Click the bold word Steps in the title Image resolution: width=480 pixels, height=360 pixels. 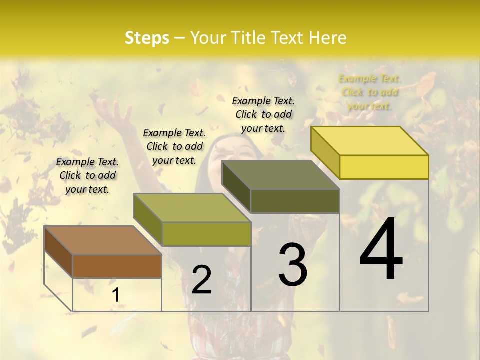click(x=147, y=38)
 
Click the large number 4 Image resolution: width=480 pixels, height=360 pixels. click(x=381, y=250)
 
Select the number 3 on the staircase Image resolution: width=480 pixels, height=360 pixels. click(x=293, y=265)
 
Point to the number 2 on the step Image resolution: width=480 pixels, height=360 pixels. click(x=201, y=280)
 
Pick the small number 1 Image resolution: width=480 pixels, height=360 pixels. click(x=115, y=295)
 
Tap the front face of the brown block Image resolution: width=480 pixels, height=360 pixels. click(x=117, y=266)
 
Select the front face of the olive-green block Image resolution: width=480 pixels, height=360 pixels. click(x=206, y=234)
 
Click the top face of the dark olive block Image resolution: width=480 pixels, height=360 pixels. click(x=280, y=175)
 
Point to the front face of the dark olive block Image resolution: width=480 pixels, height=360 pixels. click(x=295, y=201)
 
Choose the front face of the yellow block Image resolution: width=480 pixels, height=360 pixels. click(x=384, y=167)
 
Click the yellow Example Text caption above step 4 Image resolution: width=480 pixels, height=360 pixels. click(x=369, y=92)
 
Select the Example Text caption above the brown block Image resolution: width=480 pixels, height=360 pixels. click(x=87, y=175)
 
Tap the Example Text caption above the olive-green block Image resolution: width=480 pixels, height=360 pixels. click(x=174, y=146)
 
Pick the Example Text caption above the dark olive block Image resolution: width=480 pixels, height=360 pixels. click(x=263, y=114)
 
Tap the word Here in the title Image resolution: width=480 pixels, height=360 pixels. click(x=328, y=38)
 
